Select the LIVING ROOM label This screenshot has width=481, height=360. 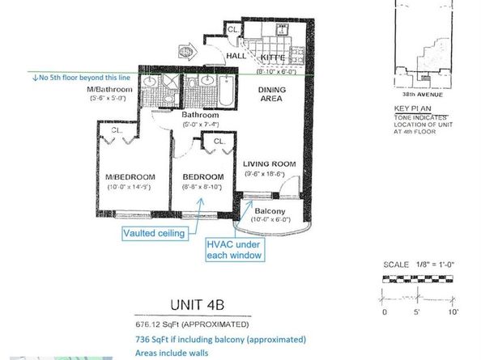pyautogui.click(x=270, y=164)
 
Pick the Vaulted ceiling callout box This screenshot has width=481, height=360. pyautogui.click(x=154, y=232)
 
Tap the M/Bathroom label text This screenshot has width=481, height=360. pyautogui.click(x=113, y=91)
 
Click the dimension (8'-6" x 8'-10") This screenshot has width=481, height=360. pyautogui.click(x=202, y=188)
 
